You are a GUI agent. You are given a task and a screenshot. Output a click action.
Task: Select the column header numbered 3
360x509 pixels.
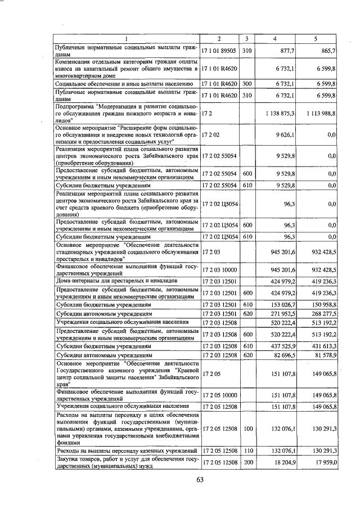click(246, 39)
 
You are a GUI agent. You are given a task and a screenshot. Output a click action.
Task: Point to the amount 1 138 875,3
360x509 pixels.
click(280, 113)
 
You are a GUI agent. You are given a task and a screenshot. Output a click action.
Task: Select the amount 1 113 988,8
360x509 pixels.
click(318, 113)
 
